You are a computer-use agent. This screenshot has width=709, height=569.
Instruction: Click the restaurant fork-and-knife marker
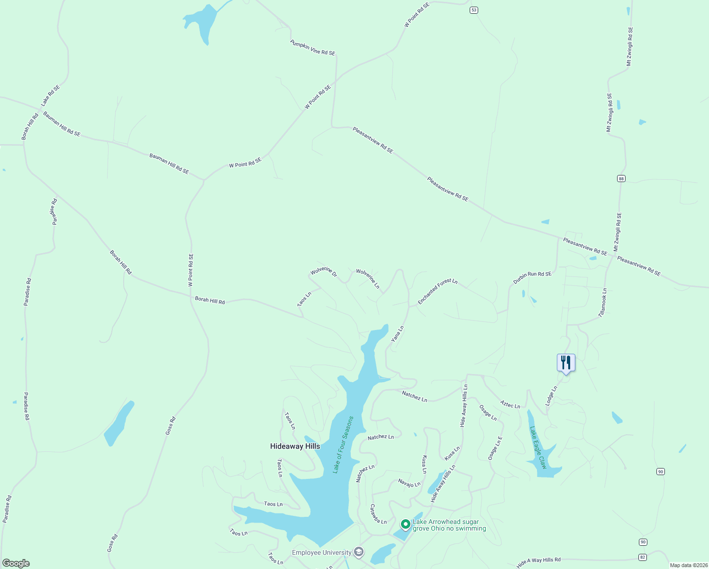(566, 363)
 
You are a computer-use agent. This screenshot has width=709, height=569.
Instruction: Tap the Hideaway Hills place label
(295, 446)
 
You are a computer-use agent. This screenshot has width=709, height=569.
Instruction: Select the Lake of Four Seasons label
(343, 445)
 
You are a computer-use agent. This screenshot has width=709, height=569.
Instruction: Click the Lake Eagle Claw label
(538, 448)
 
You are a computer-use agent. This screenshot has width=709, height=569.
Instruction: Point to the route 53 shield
(474, 10)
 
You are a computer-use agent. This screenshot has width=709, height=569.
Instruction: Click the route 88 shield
(621, 178)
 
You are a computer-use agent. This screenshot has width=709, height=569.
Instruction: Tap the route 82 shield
(643, 557)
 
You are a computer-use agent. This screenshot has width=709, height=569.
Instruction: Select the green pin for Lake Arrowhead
(405, 524)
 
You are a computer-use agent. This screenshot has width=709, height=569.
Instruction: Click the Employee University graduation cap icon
(359, 552)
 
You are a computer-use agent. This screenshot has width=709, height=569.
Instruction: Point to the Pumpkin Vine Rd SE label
(313, 48)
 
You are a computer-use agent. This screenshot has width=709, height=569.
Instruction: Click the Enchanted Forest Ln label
(437, 291)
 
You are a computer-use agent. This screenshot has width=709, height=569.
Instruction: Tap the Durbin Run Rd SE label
(532, 277)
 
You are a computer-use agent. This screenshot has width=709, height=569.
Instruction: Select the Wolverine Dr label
(324, 272)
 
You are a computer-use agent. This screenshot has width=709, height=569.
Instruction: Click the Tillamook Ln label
(602, 303)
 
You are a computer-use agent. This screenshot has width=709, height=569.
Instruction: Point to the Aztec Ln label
(510, 404)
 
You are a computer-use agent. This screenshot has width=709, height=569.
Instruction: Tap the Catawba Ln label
(378, 514)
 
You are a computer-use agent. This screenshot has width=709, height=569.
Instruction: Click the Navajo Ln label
(409, 483)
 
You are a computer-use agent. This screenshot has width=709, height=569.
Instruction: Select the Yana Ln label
(397, 334)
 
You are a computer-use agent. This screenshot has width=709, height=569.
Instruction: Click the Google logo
(16, 563)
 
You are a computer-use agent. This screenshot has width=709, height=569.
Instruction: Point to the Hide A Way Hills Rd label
(538, 562)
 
